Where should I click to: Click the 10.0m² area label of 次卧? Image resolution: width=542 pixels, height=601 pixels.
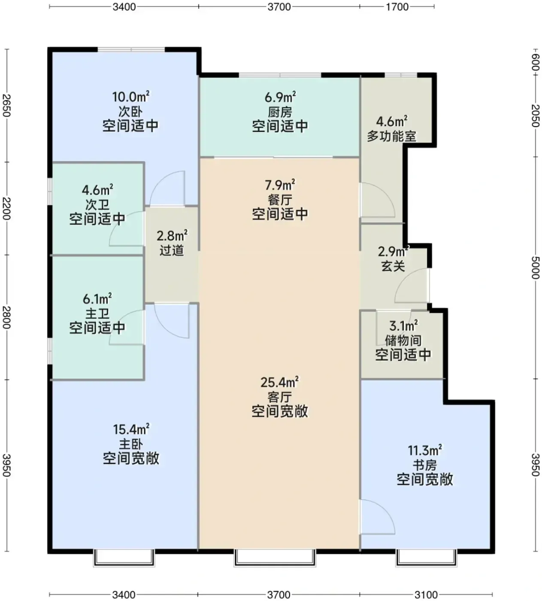pos(130,97)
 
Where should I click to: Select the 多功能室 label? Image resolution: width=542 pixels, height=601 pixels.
pos(392,137)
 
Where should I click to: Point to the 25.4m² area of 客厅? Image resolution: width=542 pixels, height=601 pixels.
pos(279,382)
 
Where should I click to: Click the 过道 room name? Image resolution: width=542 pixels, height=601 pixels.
pos(172,250)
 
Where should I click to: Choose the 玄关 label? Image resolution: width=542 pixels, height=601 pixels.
pos(393,266)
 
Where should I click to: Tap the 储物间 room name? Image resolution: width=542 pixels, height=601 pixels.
pos(403,340)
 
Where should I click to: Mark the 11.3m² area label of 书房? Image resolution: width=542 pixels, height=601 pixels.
pos(424,450)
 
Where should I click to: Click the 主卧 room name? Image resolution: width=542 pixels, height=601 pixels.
pos(131,444)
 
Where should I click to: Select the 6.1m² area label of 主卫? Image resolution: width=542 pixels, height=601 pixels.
pos(97,299)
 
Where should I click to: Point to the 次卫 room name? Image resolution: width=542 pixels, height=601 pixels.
pos(97,205)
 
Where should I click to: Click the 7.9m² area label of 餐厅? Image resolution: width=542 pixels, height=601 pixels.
pos(280,185)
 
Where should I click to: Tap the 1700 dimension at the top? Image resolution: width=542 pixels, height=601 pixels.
pos(397,6)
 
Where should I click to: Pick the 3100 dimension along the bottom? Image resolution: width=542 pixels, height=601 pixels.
pos(426,595)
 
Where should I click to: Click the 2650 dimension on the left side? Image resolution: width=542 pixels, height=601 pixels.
pos(6,106)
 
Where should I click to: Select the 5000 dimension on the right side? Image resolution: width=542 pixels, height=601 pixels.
pos(536,267)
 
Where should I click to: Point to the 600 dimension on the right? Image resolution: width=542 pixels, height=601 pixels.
pos(536,62)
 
